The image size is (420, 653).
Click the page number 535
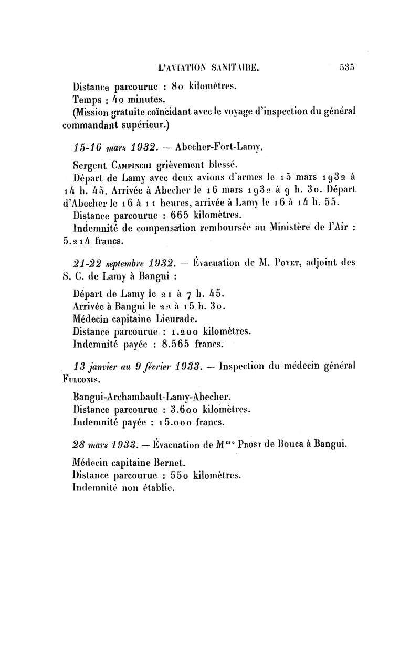tap(348, 67)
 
